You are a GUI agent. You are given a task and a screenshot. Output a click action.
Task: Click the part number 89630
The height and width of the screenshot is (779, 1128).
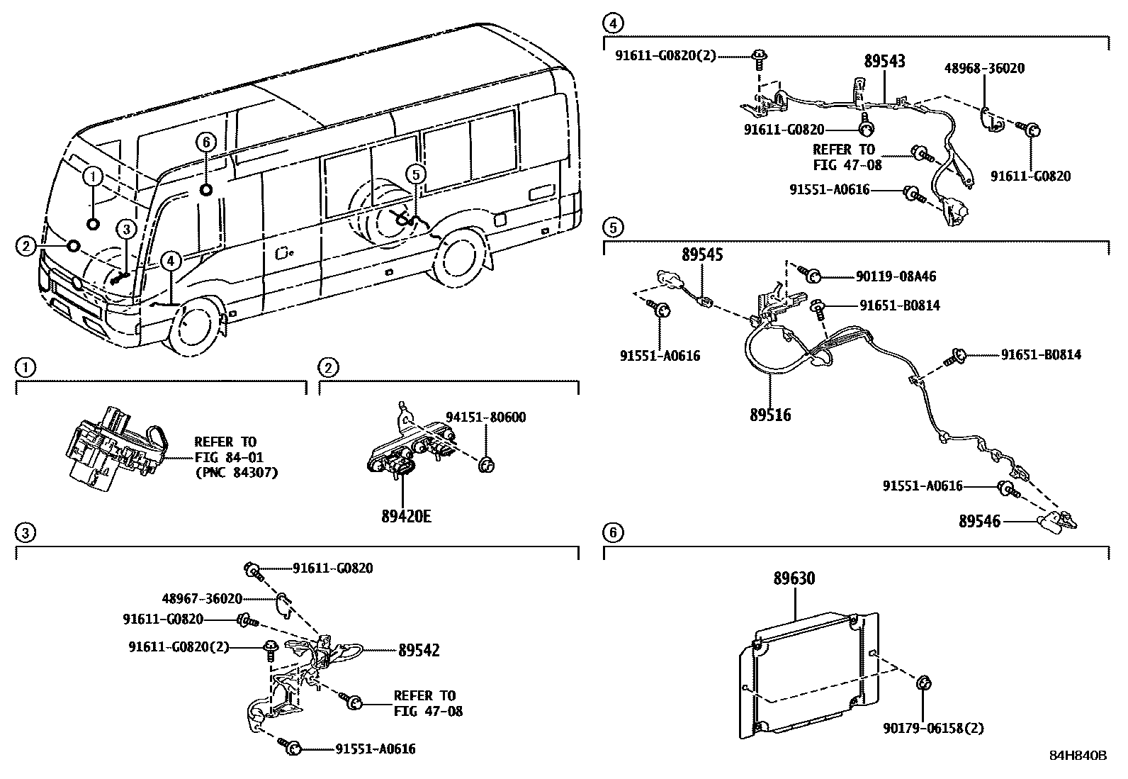coord(794,578)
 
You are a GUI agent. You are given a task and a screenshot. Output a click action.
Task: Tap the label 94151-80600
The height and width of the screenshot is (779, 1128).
coord(485,417)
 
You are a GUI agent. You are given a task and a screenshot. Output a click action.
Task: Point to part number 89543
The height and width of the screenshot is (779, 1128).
coord(884,61)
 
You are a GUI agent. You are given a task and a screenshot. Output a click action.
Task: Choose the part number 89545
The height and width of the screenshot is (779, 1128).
coord(702,254)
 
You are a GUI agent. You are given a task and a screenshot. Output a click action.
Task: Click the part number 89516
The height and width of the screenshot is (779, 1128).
coord(770,415)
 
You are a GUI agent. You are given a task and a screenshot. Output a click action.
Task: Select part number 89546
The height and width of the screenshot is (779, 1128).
coord(979,522)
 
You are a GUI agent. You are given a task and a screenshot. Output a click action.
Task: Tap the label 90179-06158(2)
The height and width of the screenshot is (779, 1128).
coord(933,728)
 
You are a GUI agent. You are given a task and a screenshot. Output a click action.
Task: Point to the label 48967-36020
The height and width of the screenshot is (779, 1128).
coord(202,598)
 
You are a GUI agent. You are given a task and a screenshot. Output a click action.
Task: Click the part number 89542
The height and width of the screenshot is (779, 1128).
coord(419,650)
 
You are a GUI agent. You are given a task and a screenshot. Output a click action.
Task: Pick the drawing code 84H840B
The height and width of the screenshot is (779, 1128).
coord(1078,756)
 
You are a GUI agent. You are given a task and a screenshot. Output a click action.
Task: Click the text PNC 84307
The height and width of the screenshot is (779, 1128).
coord(235,472)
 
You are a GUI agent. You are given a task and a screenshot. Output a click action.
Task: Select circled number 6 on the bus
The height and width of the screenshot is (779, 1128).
coord(206,142)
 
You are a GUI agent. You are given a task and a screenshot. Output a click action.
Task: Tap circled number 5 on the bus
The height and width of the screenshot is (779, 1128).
coord(416,172)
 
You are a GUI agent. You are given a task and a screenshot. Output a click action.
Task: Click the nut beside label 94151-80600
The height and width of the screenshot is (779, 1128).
coord(486,465)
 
